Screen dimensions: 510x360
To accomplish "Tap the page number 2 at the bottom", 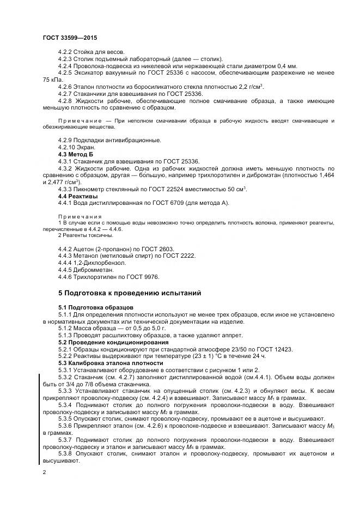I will [x=44, y=472].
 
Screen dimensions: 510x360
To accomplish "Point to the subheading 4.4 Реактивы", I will [x=78, y=196].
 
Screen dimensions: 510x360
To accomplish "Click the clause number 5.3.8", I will [x=66, y=453].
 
